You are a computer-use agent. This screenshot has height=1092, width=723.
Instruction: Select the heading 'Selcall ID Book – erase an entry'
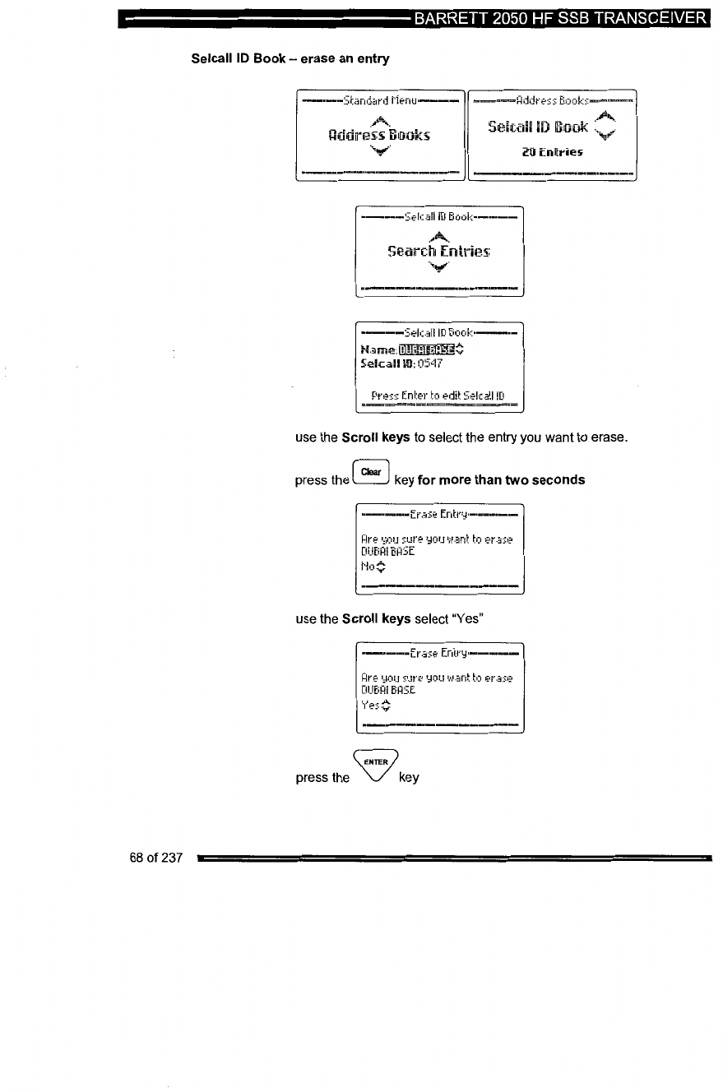click(x=279, y=59)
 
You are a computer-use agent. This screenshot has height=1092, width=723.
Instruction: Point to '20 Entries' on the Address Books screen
click(x=553, y=151)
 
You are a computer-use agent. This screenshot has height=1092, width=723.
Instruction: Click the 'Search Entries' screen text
click(x=438, y=249)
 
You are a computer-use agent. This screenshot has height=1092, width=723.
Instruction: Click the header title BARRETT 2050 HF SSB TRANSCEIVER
click(x=561, y=18)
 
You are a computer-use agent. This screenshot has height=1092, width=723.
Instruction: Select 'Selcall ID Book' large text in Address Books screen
click(x=538, y=127)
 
